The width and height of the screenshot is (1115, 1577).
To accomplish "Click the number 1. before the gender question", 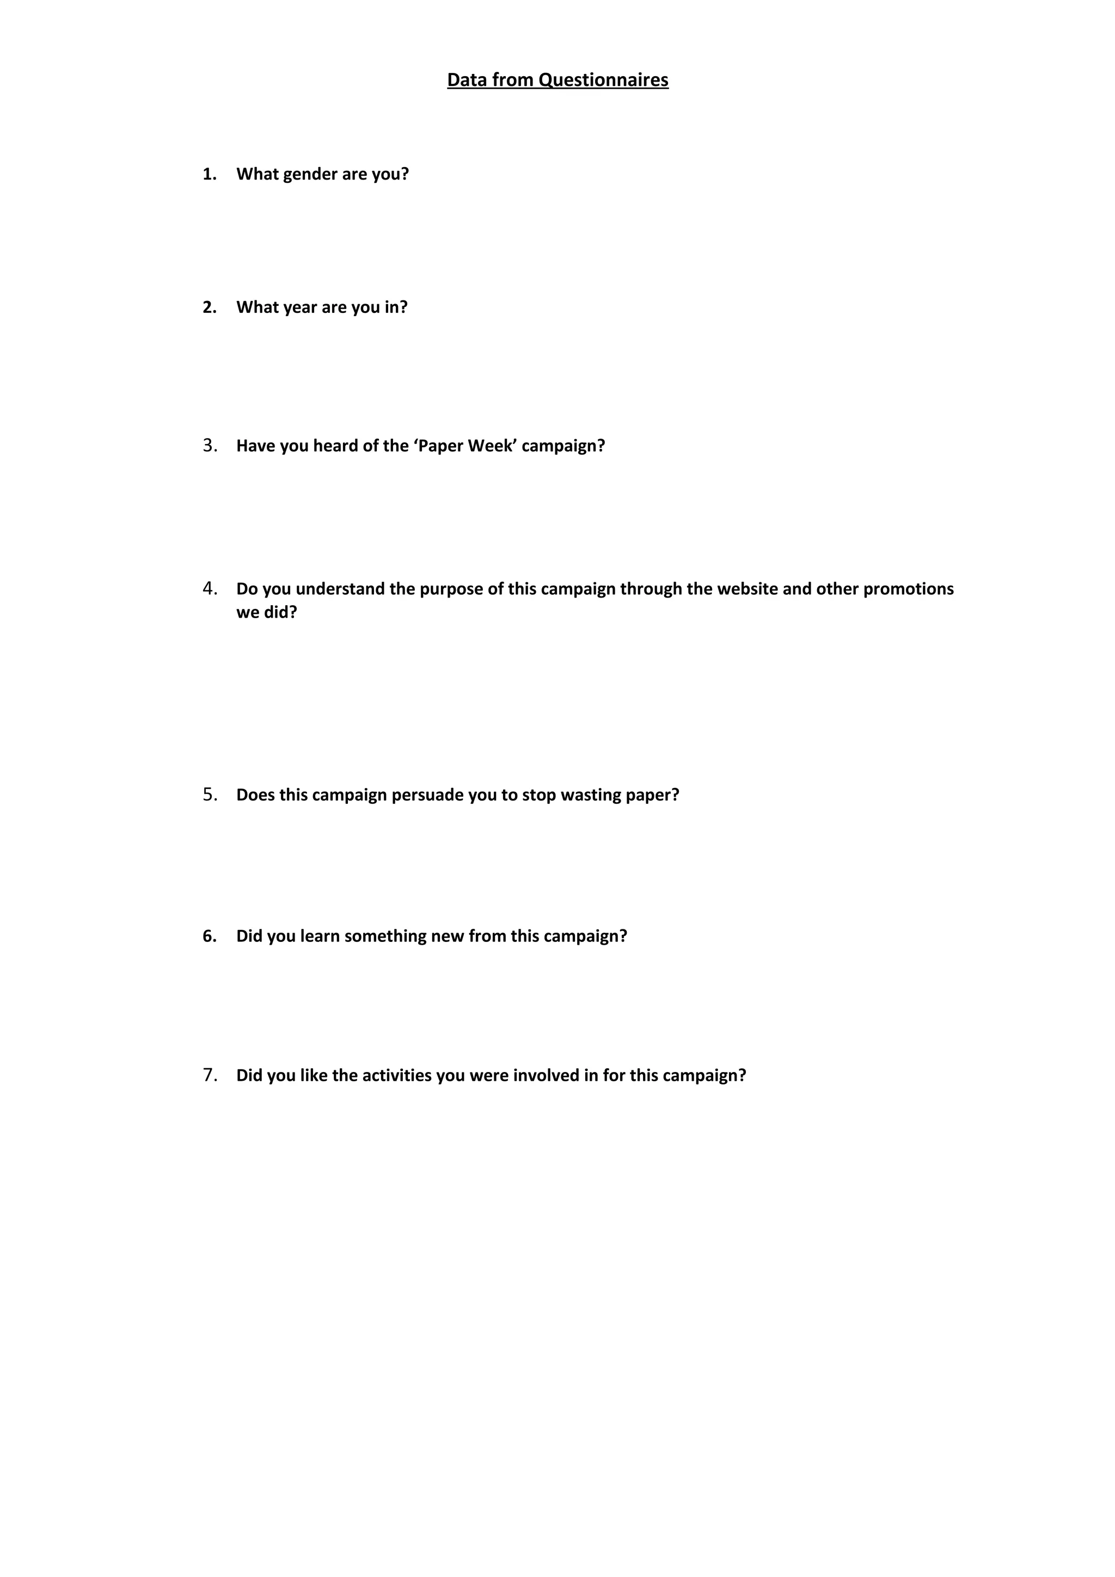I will tap(210, 175).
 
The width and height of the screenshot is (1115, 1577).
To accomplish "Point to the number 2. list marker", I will tap(210, 307).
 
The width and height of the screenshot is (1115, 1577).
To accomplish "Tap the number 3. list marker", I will tap(210, 446).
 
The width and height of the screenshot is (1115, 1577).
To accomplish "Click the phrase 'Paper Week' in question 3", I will tap(465, 446).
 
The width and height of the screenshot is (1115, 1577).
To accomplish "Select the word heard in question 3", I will tap(336, 446).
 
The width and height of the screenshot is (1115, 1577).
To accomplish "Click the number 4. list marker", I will tap(210, 589).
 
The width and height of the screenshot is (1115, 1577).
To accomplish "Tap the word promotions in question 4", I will tap(908, 589).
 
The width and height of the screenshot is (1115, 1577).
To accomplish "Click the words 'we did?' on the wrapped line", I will tap(267, 612).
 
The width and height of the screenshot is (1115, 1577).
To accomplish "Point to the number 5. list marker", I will tap(210, 794).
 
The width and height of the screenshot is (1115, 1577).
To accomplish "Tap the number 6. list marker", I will tap(210, 936).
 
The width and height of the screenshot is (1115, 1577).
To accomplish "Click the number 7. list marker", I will tap(210, 1075).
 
